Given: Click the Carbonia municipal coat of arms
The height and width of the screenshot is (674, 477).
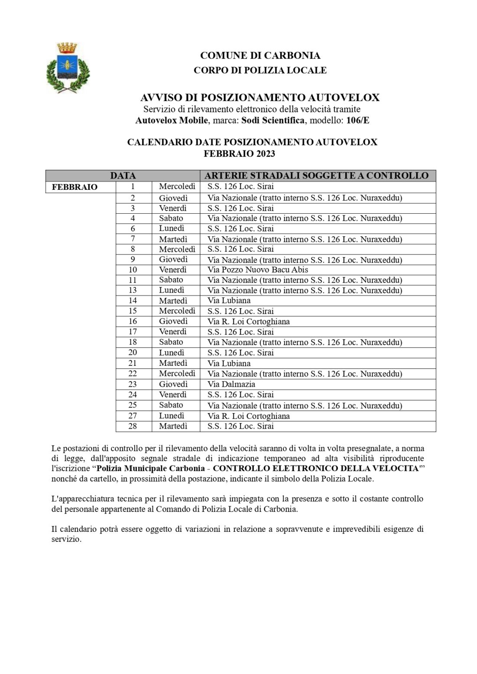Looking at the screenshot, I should tap(68, 68).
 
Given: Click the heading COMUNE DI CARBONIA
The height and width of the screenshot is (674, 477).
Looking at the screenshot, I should tap(260, 55).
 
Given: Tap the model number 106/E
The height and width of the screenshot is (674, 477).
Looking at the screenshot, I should tap(358, 120).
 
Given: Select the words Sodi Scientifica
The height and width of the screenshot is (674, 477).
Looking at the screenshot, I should tap(273, 120).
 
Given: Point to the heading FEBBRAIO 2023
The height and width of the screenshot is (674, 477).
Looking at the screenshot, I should tap(239, 153).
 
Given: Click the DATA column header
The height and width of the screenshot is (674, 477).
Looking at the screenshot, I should tap(123, 176).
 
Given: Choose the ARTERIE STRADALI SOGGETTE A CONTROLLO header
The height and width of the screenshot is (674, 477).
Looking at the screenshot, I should tap(317, 176).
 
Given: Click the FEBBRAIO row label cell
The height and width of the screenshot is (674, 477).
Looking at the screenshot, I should tap(75, 187).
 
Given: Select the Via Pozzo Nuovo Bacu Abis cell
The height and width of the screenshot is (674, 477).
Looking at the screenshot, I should tap(258, 270).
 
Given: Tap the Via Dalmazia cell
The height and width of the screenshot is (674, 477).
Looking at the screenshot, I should tap(231, 384).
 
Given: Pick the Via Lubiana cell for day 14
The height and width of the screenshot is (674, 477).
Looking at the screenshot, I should tap(229, 300).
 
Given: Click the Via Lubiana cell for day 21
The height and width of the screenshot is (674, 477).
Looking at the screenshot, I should tap(229, 363).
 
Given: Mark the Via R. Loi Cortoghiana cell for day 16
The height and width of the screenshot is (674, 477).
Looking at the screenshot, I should tap(248, 321).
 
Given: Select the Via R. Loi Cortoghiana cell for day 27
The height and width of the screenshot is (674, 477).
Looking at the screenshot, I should tap(248, 416).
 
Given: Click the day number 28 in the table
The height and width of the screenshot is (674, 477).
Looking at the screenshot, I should tap(133, 426).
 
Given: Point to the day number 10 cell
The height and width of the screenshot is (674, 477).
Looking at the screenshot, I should tap(133, 270).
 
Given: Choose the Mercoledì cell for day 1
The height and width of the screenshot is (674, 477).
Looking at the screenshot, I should tap(177, 187).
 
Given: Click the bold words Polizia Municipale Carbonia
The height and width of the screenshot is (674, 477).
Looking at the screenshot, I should tap(150, 469).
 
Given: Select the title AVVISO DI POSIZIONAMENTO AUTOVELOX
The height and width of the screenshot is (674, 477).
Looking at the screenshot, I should tap(260, 98).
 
